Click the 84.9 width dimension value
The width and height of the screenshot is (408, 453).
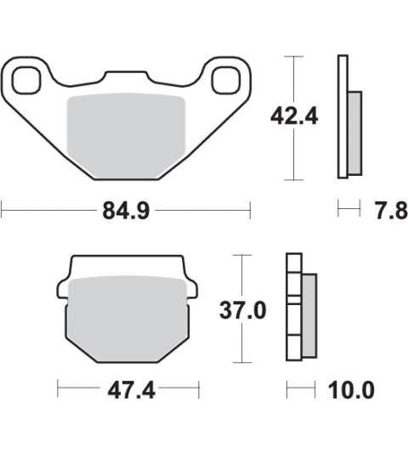pyautogui.click(x=126, y=211)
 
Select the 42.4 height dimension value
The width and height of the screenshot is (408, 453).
pyautogui.click(x=294, y=116)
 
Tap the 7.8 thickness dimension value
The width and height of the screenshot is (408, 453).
pyautogui.click(x=391, y=211)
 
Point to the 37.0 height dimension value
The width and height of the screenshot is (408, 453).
pyautogui.click(x=243, y=310)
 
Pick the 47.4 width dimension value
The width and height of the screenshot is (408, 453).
pyautogui.click(x=131, y=390)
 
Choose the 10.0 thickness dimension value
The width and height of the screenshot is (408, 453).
pyautogui.click(x=351, y=390)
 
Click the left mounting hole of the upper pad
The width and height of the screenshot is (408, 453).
pyautogui.click(x=25, y=80)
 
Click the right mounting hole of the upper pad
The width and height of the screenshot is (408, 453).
pyautogui.click(x=226, y=80)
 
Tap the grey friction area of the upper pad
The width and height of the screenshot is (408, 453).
pyautogui.click(x=126, y=136)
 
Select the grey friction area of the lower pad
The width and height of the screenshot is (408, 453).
pyautogui.click(x=127, y=319)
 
